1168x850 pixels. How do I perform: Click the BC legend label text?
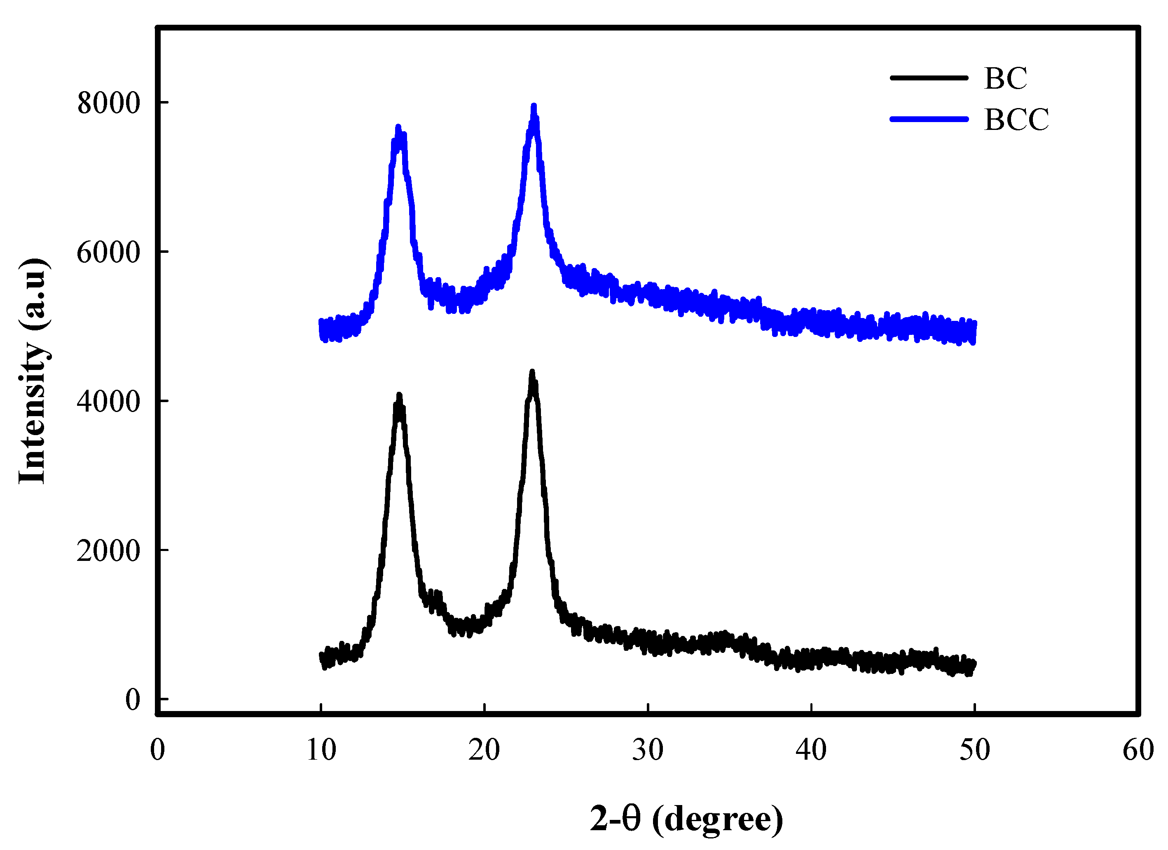coord(1005,79)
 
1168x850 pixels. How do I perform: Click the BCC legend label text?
coord(1016,120)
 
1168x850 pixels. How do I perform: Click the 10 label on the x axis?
coord(321,750)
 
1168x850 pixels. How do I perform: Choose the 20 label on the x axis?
coord(484,750)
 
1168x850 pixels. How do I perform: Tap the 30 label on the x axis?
coord(647,750)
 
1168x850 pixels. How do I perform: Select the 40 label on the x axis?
coord(811,750)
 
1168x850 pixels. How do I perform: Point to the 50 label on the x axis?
coord(974,750)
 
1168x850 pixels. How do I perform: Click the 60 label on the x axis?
coord(1138,750)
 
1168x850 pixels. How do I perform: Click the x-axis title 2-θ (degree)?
coord(686,819)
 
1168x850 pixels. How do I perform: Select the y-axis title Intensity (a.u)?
coord(34,371)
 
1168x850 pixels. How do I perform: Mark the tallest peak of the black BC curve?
coord(532,372)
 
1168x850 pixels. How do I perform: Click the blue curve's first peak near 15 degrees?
coord(398,127)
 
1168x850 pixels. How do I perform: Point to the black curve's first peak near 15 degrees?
coord(399,396)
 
